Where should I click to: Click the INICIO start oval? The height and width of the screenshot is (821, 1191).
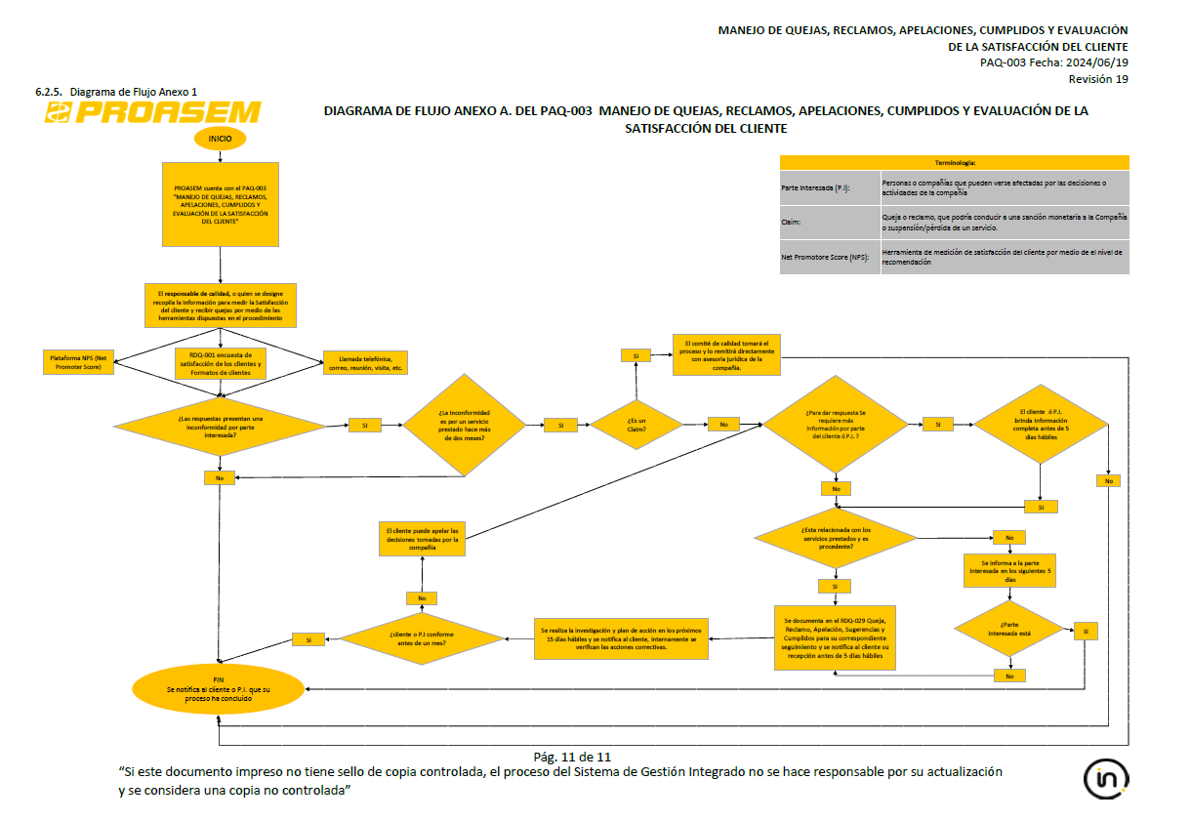(220, 139)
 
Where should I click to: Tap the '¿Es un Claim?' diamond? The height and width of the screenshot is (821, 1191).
(636, 425)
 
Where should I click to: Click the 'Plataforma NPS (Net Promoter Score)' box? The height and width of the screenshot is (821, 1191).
(79, 362)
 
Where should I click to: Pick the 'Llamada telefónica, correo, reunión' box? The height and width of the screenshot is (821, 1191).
(365, 362)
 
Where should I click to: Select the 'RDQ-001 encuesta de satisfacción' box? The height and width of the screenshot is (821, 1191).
(221, 363)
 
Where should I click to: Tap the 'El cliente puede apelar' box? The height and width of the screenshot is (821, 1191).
(422, 539)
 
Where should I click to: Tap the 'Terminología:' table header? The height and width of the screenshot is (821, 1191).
(954, 163)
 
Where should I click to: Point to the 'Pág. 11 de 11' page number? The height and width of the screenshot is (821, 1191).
(572, 757)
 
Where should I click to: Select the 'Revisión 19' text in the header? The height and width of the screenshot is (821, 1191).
(1098, 79)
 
